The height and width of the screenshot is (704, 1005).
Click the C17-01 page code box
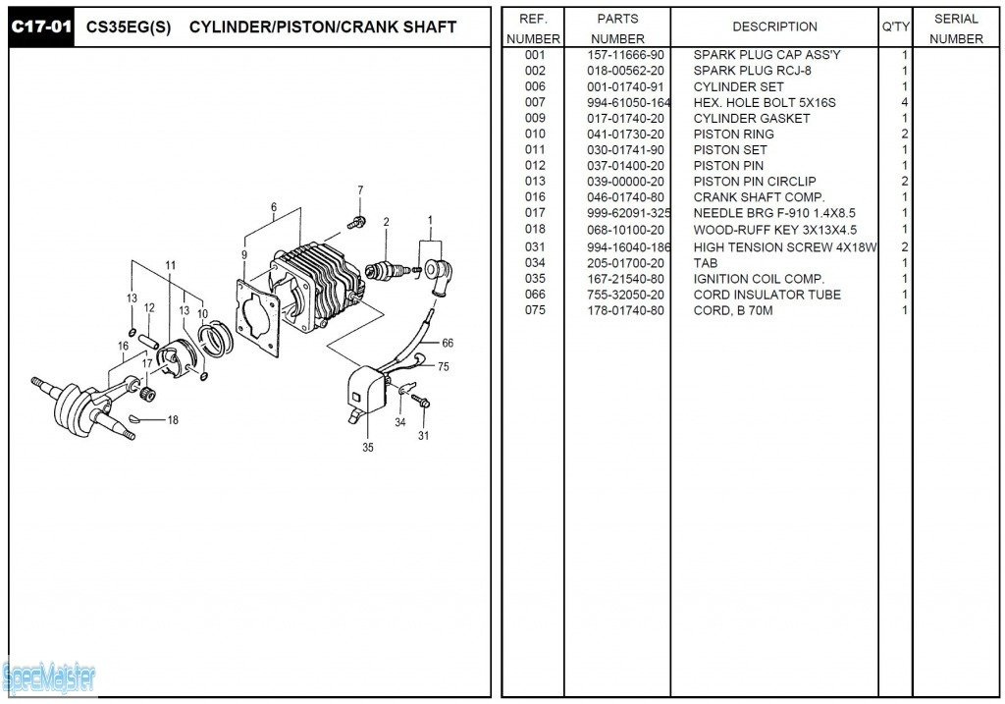coord(41,27)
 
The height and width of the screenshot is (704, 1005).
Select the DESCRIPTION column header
coord(774,27)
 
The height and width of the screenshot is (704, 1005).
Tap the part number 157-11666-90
coord(625,55)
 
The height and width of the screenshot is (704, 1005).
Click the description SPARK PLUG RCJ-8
coord(752,71)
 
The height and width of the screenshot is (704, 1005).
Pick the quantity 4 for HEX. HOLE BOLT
coord(904,102)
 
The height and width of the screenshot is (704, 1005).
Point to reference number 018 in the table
coord(535,229)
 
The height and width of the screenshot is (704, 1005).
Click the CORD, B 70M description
coord(732,310)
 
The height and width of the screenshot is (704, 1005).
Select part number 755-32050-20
coord(625,295)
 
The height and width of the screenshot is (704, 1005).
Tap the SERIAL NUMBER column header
coord(956,28)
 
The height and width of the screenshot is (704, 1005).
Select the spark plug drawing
coord(384,269)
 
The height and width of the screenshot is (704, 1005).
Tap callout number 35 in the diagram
coord(368,448)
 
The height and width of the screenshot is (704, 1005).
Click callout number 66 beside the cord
coord(448,343)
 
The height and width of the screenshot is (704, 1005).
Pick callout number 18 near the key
coord(173,420)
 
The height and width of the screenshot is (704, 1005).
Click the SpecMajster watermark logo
coord(48,677)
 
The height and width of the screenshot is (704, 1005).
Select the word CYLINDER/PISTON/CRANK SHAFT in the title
coord(322,27)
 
